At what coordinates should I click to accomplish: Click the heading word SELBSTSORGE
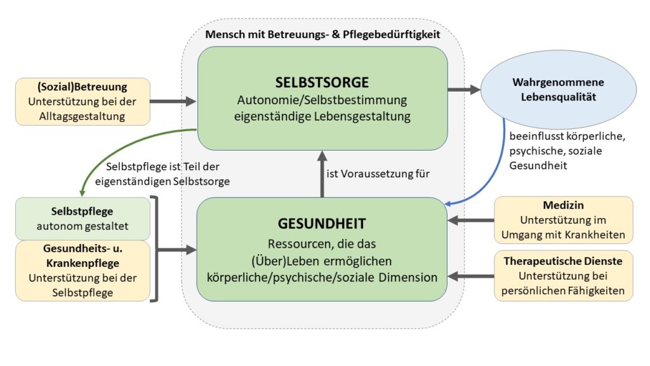[322, 82]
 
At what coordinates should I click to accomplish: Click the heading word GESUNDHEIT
[322, 224]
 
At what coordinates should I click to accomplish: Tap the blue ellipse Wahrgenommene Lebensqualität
[559, 90]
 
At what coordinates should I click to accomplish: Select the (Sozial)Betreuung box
[83, 102]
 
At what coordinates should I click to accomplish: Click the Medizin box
[564, 220]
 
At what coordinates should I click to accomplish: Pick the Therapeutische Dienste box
[564, 276]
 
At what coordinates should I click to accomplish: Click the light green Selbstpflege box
[83, 219]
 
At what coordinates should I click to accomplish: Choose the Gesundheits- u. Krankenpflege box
[83, 271]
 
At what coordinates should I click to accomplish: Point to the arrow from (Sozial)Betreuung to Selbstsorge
[173, 101]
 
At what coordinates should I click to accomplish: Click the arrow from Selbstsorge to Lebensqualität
[464, 89]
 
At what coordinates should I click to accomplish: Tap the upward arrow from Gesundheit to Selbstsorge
[322, 174]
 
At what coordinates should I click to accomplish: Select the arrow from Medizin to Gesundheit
[471, 220]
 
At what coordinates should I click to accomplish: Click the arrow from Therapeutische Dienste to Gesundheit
[471, 276]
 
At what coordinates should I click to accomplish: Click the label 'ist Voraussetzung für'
[378, 174]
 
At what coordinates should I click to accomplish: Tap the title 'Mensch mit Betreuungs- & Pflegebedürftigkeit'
[322, 34]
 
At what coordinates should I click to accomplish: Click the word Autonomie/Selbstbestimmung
[322, 100]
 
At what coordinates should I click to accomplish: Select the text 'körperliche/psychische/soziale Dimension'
[322, 277]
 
